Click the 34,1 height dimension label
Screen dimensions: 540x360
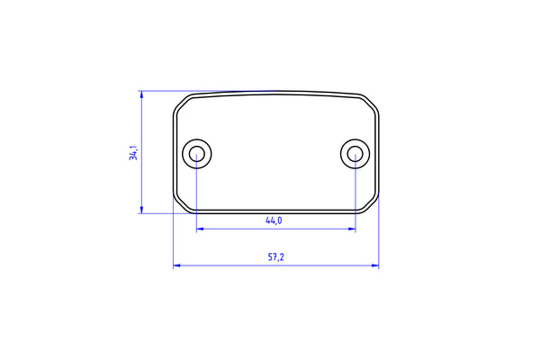click(x=133, y=153)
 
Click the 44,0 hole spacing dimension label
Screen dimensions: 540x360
click(x=274, y=220)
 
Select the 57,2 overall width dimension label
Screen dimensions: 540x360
click(x=276, y=257)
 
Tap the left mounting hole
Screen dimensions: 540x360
click(x=196, y=154)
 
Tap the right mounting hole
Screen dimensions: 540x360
click(x=355, y=154)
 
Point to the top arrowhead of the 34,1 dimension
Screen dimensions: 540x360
click(x=141, y=94)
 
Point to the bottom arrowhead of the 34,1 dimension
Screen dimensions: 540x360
click(x=141, y=210)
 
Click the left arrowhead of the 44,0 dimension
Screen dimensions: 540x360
click(x=200, y=229)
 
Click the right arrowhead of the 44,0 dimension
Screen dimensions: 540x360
click(x=352, y=229)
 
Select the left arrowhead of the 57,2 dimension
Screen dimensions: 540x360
click(x=177, y=265)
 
